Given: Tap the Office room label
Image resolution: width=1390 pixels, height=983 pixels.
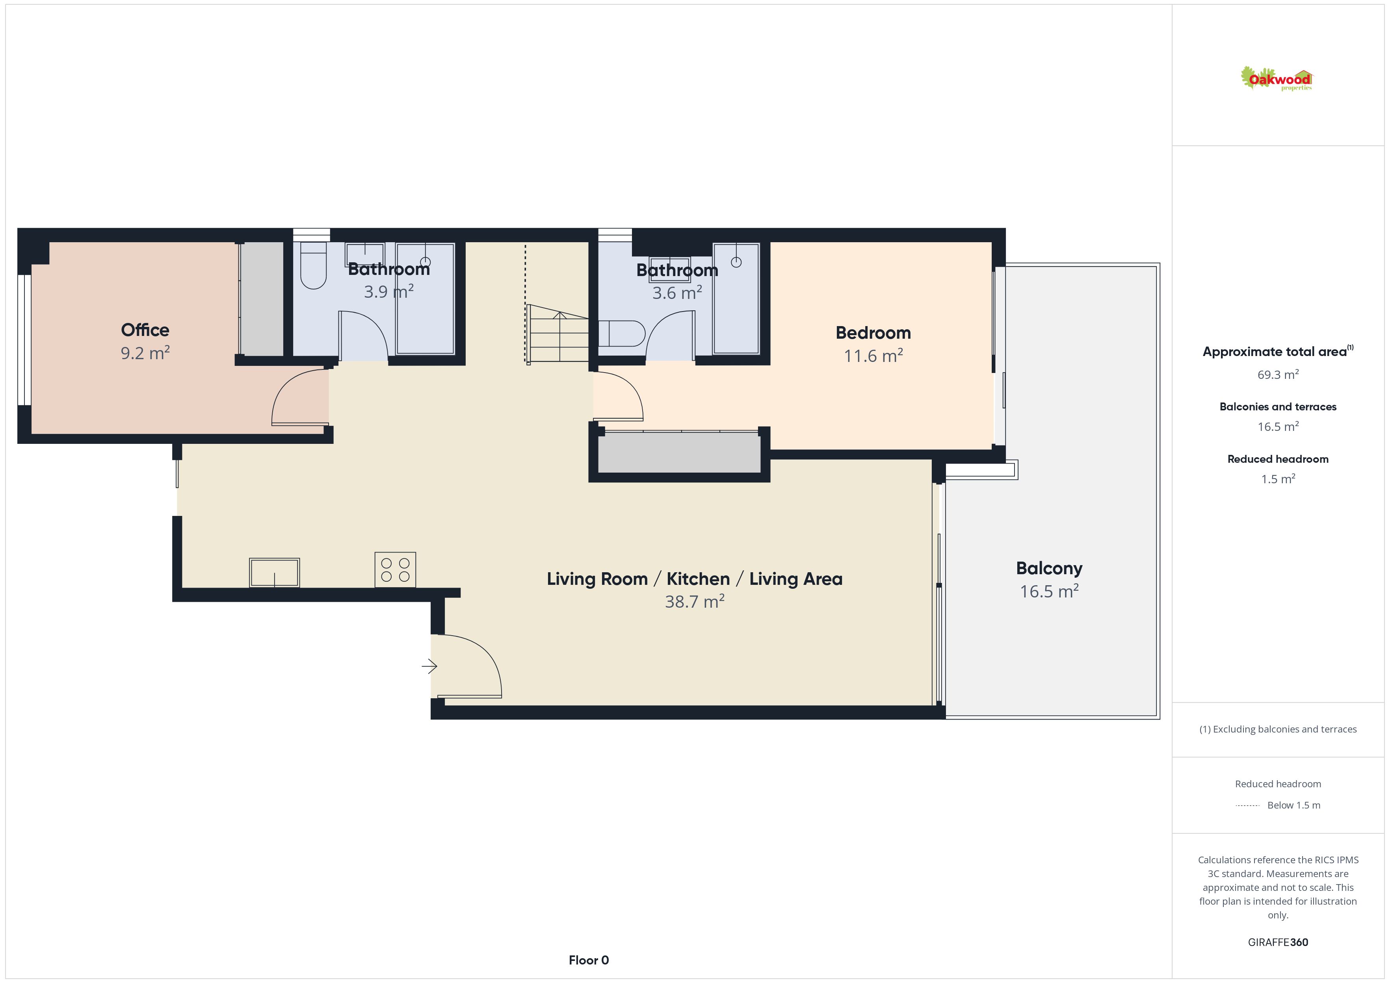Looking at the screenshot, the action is pos(145,330).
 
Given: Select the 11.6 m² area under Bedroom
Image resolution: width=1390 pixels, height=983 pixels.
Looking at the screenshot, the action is pos(873,356).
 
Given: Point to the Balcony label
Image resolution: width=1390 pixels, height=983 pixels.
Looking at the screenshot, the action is pos(1049,568).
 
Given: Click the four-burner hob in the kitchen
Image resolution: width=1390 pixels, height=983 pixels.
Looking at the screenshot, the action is pos(395,569).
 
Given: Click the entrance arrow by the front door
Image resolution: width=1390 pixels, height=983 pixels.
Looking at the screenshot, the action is pos(429,666).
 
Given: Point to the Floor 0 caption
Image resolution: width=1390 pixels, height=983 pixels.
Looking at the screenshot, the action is pos(589,960).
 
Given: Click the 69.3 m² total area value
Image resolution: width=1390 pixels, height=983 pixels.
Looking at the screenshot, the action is pos(1278,375).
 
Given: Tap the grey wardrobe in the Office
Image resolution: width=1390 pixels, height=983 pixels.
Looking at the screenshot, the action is pos(262,299).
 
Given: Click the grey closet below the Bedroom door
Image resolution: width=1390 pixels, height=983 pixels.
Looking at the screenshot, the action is pos(679,453).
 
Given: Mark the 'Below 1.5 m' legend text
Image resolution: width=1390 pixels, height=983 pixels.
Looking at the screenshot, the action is pos(1294,805).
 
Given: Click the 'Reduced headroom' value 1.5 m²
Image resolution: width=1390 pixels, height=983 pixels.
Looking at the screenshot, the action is pos(1278,479).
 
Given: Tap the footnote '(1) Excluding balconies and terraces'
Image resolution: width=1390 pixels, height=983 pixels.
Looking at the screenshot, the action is pos(1278,729).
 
